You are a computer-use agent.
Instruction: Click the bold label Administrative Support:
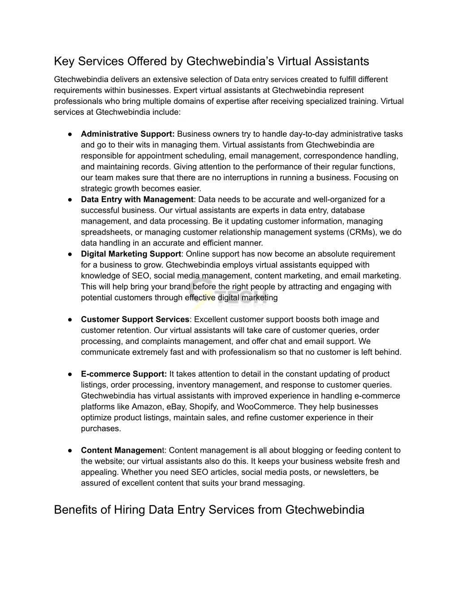pos(128,134)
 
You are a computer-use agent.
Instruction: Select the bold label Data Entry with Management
pos(137,199)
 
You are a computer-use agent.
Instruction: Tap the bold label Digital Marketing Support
pos(131,254)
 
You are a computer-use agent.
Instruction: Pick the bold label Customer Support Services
pos(135,320)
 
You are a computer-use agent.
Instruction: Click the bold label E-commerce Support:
pos(124,374)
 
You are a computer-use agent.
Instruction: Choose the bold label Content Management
pos(121,450)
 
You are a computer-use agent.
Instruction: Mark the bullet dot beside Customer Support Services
pos(71,320)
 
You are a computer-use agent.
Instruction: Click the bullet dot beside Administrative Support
pos(71,134)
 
